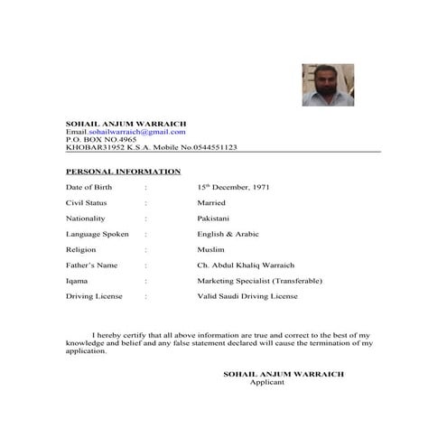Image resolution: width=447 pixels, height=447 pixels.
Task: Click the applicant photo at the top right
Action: (x=329, y=85)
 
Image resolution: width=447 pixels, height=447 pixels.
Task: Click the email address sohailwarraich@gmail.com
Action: (x=136, y=132)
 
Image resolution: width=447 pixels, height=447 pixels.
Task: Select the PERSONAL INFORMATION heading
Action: (x=123, y=171)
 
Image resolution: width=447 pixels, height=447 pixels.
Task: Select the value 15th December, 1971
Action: (x=232, y=187)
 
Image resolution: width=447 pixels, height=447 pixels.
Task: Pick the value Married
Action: (x=211, y=203)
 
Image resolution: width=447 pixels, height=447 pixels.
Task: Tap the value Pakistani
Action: (x=214, y=219)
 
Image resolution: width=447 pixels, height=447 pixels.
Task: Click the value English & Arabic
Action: (x=228, y=234)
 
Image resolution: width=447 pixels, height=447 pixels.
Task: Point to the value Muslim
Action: (x=210, y=249)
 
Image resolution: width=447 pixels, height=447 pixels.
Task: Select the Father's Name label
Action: (x=92, y=265)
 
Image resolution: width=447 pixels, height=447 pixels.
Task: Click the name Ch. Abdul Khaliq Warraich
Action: (x=245, y=265)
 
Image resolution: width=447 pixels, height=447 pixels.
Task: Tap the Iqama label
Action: (x=77, y=281)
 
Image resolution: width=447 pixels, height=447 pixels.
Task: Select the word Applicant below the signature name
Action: (x=266, y=382)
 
